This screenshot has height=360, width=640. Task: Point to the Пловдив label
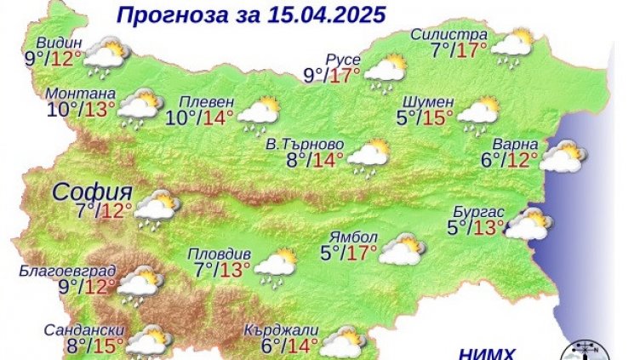tap(219, 254)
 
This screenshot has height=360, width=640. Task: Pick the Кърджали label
tap(276, 329)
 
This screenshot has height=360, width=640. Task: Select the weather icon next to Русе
tap(386, 72)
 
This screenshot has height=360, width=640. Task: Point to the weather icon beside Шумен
tap(479, 113)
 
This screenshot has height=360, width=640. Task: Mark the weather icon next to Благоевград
tap(140, 287)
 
